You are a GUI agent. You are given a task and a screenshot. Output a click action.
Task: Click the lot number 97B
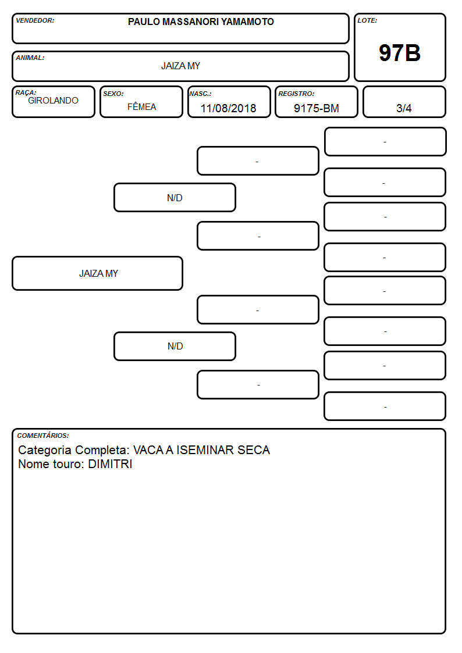tap(400, 53)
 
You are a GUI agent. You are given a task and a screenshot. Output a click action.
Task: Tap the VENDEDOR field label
tap(35, 20)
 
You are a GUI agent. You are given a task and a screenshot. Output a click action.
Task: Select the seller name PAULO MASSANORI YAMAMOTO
tap(201, 22)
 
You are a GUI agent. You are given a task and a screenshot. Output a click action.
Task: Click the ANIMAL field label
tap(30, 58)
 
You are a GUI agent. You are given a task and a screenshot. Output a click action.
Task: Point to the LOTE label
tap(367, 20)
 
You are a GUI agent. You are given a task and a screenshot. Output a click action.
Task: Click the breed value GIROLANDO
tap(54, 101)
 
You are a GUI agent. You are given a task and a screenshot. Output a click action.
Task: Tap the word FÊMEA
tap(141, 106)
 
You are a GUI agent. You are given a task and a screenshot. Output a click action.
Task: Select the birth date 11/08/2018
tap(228, 108)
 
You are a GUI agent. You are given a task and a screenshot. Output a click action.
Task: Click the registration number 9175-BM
tap(316, 108)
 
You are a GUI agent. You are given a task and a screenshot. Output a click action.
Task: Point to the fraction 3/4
tap(404, 108)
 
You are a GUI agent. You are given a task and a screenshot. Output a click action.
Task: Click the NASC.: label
tap(200, 94)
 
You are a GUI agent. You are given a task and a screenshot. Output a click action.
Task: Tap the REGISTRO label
tap(296, 94)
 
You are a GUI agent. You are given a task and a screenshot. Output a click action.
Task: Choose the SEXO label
tap(113, 94)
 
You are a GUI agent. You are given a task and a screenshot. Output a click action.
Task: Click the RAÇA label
tap(26, 92)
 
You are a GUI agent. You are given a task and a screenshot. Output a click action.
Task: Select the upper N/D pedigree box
tap(175, 197)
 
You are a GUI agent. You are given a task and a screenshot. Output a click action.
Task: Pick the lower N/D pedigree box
tap(175, 346)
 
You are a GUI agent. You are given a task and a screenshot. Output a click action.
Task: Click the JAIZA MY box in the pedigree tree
tap(98, 273)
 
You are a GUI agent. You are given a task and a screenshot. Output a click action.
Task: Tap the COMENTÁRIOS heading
tap(43, 436)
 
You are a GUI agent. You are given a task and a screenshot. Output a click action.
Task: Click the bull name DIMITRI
tap(110, 464)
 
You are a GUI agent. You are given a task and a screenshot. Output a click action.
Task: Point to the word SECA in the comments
tap(254, 449)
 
